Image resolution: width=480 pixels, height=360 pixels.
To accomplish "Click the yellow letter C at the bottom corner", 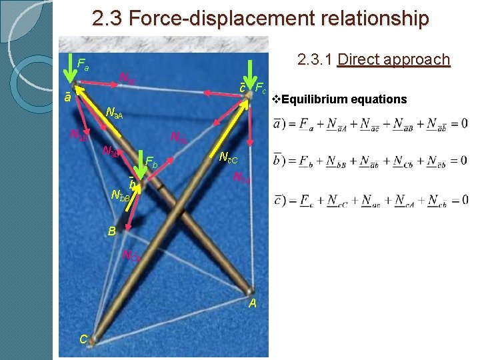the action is [83, 339].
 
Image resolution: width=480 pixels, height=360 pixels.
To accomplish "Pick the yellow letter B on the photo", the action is [112, 231].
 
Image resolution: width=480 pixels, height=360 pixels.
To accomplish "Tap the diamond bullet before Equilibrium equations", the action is [276, 99].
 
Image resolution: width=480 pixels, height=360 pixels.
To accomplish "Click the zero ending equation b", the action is [463, 161].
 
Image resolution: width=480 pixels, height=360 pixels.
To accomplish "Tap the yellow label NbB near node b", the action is [121, 196].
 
